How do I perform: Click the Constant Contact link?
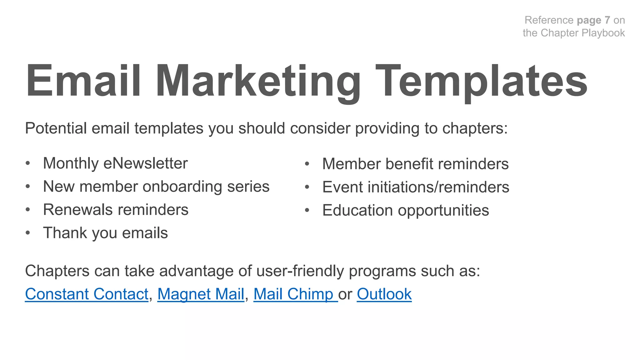(x=87, y=294)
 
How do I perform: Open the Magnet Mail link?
(x=201, y=294)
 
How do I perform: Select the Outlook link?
(x=384, y=294)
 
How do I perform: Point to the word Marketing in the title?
(x=258, y=81)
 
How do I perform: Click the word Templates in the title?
(x=481, y=81)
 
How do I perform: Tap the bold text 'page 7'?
(x=593, y=20)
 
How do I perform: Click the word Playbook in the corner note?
(x=603, y=33)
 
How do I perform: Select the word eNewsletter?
(x=146, y=163)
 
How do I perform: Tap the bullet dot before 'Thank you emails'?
(x=28, y=233)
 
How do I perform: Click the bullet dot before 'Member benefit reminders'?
(x=307, y=164)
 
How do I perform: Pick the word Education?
(x=357, y=210)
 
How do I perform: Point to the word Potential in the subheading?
(x=56, y=128)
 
